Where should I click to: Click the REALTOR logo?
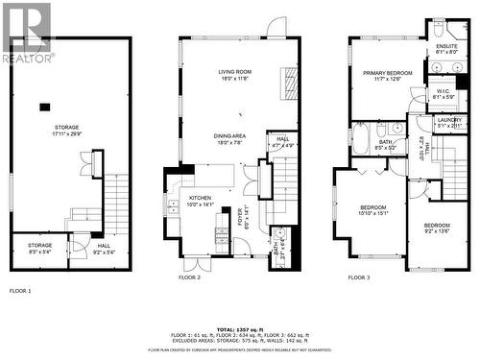click(x=28, y=34)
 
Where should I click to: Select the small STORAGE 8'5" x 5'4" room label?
click(x=40, y=249)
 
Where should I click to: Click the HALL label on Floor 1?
click(x=103, y=249)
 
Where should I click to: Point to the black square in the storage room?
click(x=44, y=107)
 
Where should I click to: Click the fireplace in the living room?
click(x=287, y=84)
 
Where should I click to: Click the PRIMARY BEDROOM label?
click(x=387, y=76)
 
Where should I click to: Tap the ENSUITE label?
click(x=447, y=50)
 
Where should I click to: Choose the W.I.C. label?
click(x=444, y=95)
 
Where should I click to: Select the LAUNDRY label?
click(x=449, y=123)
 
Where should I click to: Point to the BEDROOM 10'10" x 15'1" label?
click(x=373, y=211)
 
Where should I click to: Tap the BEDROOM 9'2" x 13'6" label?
click(x=437, y=228)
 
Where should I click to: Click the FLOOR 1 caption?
click(x=20, y=290)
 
